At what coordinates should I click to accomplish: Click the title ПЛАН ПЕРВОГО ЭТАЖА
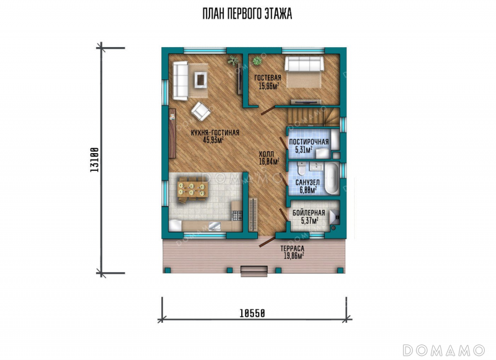(247, 14)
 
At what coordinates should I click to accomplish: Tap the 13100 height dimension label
(94, 160)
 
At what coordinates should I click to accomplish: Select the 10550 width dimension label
(252, 314)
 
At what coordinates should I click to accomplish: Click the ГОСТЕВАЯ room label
(268, 77)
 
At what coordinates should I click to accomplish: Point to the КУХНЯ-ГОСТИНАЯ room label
(215, 133)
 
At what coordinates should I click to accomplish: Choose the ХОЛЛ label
(267, 154)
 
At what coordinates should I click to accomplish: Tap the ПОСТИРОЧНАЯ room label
(309, 142)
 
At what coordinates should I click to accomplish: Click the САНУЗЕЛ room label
(308, 183)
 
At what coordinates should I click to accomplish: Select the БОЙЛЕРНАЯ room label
(309, 213)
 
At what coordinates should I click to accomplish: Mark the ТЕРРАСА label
(292, 248)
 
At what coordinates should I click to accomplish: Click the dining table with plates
(192, 189)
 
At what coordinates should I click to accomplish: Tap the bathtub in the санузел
(332, 178)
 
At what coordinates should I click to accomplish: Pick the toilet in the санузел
(301, 169)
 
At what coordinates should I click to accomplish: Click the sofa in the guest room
(304, 64)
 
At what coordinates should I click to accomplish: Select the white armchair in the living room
(200, 111)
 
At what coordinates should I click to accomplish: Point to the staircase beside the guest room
(313, 116)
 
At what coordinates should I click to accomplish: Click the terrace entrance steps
(254, 271)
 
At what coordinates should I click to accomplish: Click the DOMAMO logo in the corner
(443, 351)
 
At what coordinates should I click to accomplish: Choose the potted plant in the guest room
(257, 60)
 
